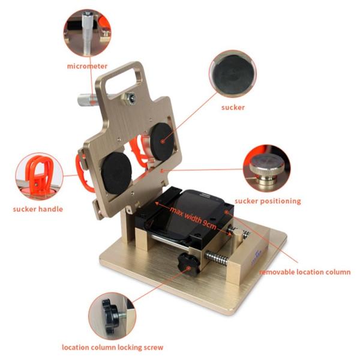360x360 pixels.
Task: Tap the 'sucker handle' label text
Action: (x=38, y=209)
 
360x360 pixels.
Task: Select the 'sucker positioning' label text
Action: (x=268, y=200)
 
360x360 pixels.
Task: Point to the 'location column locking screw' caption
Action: (x=112, y=346)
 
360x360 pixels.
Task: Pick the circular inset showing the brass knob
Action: (x=266, y=166)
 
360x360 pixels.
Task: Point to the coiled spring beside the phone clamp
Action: (x=220, y=256)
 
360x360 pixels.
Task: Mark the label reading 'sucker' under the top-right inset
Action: (x=232, y=108)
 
